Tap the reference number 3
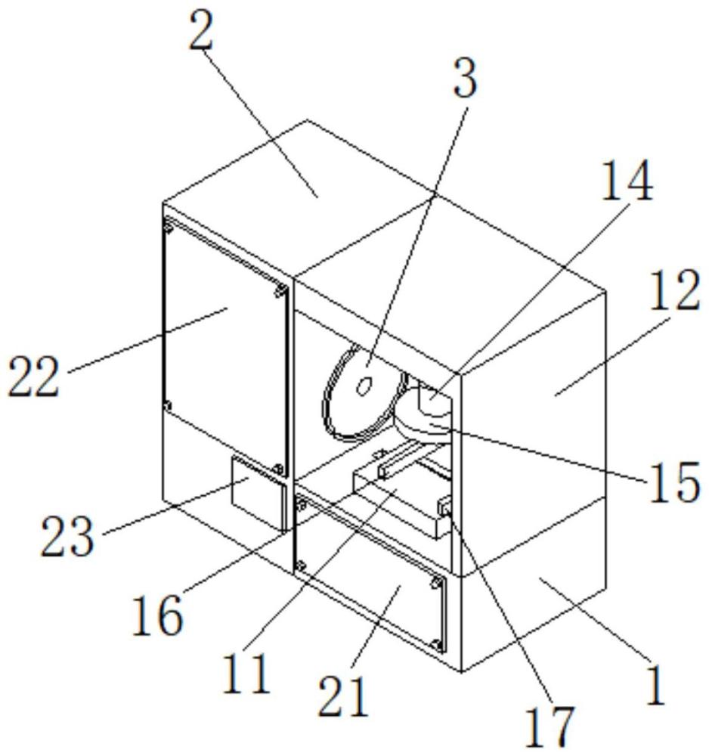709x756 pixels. point(464,81)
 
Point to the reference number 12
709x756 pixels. point(675,293)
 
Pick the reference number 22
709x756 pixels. point(34,378)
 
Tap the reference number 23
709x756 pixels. point(69,538)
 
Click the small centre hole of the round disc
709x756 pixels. point(364,386)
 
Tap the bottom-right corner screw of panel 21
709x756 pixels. point(436,643)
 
